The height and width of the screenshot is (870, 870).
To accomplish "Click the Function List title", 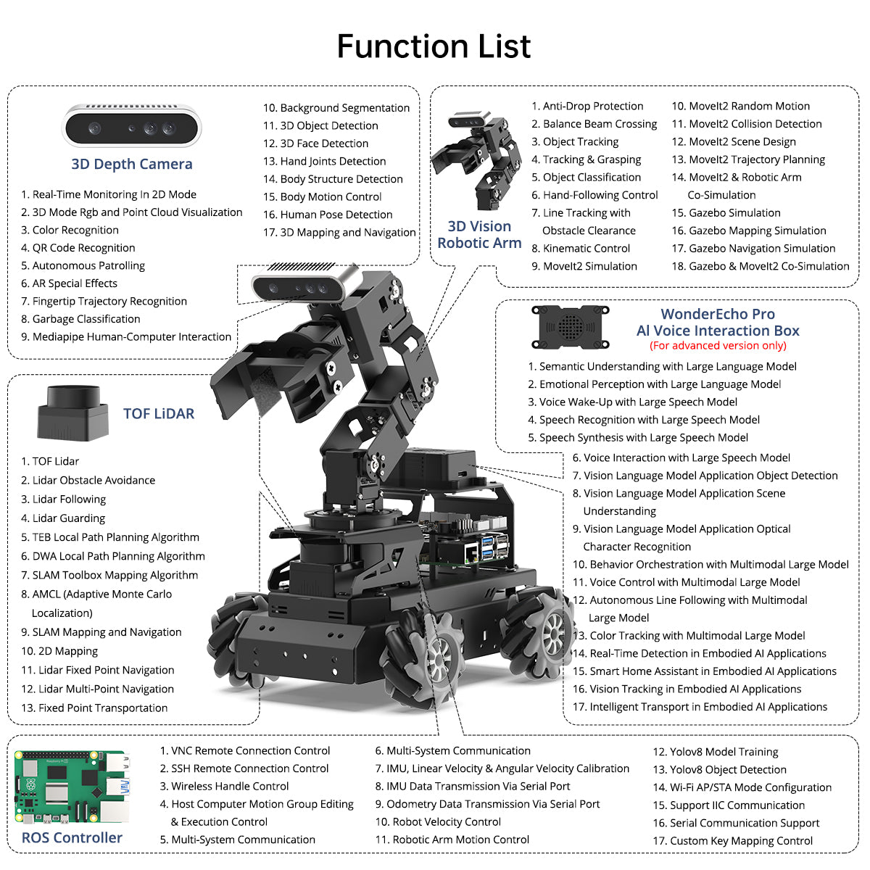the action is tap(434, 46).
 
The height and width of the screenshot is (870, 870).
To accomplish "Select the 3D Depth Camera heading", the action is tap(132, 164).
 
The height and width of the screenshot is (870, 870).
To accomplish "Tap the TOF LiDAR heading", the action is tap(159, 413).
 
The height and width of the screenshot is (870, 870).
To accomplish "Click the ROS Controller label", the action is tap(72, 838).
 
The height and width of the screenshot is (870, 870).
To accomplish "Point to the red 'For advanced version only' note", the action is tap(718, 346).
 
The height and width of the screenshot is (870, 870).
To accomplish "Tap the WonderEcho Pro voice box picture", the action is tap(571, 327).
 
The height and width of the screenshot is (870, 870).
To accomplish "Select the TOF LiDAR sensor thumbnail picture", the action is tap(73, 413).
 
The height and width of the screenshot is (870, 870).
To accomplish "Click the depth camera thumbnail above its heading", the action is tap(131, 126).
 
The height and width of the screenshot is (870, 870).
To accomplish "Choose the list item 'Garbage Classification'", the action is tap(80, 319).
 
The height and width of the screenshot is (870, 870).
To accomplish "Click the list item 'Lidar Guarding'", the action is tap(63, 518).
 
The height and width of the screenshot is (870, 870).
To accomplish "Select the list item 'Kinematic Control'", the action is tap(581, 249).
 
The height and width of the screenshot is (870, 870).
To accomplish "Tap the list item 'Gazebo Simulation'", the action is tap(726, 213).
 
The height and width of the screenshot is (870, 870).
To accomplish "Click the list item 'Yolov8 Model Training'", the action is tap(716, 752).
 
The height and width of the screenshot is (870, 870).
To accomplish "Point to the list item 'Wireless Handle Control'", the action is tap(224, 787).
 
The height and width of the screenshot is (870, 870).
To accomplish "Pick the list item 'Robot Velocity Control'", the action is tap(438, 822).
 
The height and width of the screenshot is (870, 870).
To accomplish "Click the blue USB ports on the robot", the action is tap(488, 547).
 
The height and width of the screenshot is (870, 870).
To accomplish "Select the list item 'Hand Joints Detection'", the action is tap(325, 162).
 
